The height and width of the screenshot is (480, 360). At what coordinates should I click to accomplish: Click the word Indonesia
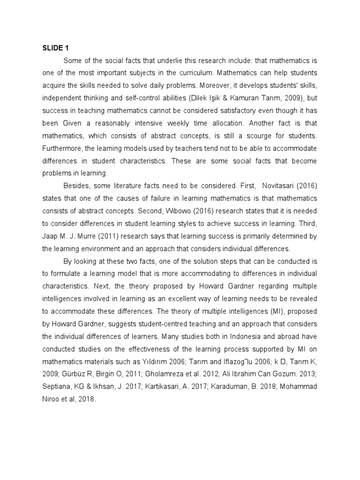point(216,336)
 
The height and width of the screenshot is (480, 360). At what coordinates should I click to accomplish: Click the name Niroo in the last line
point(51,399)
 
